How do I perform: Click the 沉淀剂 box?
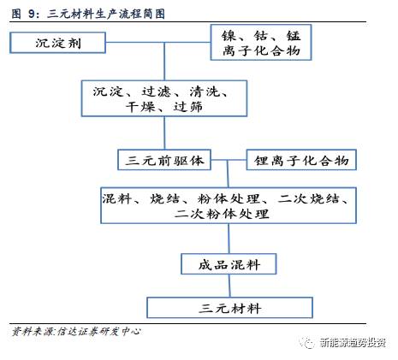point(57,43)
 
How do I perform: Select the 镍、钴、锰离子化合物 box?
point(261,42)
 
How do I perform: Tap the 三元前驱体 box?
point(164,160)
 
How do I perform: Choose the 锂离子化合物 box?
point(301,160)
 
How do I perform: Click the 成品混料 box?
point(229,264)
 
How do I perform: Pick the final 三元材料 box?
point(229,308)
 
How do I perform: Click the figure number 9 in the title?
point(32,14)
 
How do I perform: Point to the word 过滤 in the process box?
point(156,91)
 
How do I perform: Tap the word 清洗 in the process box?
point(205,91)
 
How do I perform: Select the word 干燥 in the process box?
point(140,107)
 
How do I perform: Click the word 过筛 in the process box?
point(188,107)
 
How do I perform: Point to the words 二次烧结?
point(309,198)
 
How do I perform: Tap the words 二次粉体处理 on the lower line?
point(222,214)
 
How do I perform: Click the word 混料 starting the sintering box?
point(116,198)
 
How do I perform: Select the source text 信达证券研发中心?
point(98,331)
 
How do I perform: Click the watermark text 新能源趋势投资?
point(353,342)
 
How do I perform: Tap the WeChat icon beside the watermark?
point(307,342)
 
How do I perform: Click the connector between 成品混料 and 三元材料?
point(229,286)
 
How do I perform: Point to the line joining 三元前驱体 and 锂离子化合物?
point(229,160)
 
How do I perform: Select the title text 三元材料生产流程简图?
point(106,14)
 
